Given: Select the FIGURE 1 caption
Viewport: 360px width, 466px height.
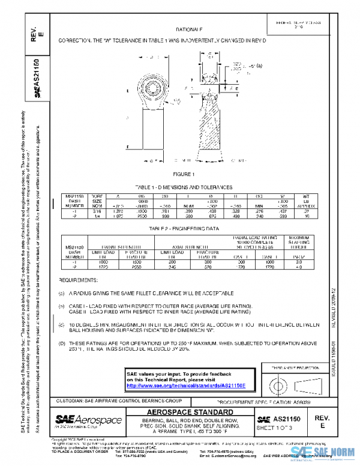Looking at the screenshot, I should click(185, 175).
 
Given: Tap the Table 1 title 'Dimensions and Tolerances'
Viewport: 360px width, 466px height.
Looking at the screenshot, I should click(184, 187).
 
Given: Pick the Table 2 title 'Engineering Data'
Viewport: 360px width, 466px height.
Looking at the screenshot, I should click(185, 229).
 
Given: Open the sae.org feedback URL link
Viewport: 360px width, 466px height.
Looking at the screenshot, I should click(178, 386).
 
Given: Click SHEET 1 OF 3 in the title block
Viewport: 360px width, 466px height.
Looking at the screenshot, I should click(274, 427).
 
